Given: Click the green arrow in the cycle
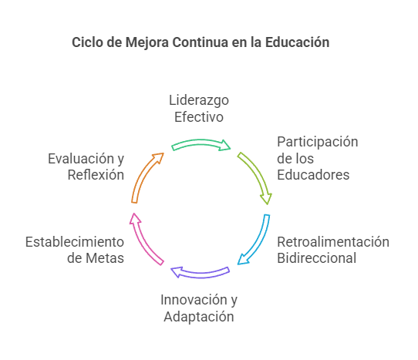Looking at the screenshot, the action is click(200, 143).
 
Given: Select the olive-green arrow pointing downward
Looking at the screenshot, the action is click(258, 173).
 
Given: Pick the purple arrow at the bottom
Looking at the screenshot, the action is click(201, 274).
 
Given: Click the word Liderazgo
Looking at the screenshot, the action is click(199, 101).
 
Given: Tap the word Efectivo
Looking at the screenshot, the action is click(199, 117).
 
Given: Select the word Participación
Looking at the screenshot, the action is click(318, 143).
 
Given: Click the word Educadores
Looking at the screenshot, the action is click(313, 175).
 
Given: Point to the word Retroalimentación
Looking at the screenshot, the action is click(333, 242).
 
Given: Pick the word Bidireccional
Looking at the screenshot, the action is click(317, 258).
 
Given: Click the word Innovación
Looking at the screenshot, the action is click(194, 300).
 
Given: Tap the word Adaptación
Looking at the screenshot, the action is click(199, 317).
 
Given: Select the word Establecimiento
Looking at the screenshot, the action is click(75, 242).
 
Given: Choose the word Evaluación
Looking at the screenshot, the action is click(81, 159).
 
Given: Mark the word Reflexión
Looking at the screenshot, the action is click(96, 175).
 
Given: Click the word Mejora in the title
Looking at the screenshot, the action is click(147, 42).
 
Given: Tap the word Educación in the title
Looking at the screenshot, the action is click(297, 42).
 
